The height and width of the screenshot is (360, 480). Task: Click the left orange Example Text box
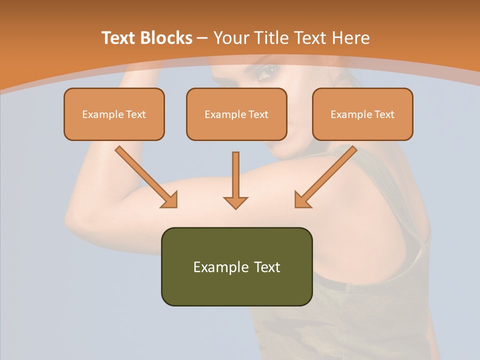pyautogui.click(x=114, y=114)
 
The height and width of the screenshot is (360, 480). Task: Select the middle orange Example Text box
pyautogui.click(x=236, y=114)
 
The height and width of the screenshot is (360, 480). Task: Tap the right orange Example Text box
pyautogui.click(x=362, y=114)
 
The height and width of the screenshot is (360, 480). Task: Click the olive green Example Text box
pyautogui.click(x=236, y=266)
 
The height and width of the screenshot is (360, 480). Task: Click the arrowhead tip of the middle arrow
pyautogui.click(x=235, y=207)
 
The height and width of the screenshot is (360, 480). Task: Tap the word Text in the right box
pyautogui.click(x=384, y=114)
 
